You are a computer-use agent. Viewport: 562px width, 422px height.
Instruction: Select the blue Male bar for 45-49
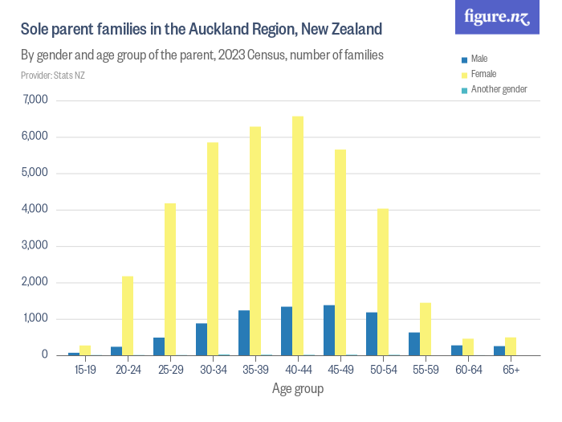click(329, 330)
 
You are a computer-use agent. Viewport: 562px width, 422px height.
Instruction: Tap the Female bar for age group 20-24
click(128, 316)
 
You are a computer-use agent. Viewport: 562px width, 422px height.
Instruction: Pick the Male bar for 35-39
click(244, 333)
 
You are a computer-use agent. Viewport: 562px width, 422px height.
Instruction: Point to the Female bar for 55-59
click(426, 329)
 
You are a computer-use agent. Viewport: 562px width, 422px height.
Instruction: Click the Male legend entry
click(479, 59)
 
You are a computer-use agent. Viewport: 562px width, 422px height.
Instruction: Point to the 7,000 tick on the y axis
click(36, 100)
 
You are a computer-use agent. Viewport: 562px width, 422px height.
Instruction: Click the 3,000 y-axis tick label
click(36, 246)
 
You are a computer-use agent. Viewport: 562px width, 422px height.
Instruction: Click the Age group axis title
click(298, 390)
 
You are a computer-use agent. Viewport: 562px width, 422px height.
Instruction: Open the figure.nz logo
click(497, 18)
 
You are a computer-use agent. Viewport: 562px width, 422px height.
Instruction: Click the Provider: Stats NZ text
click(53, 76)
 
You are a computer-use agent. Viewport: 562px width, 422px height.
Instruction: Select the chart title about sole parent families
click(202, 30)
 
